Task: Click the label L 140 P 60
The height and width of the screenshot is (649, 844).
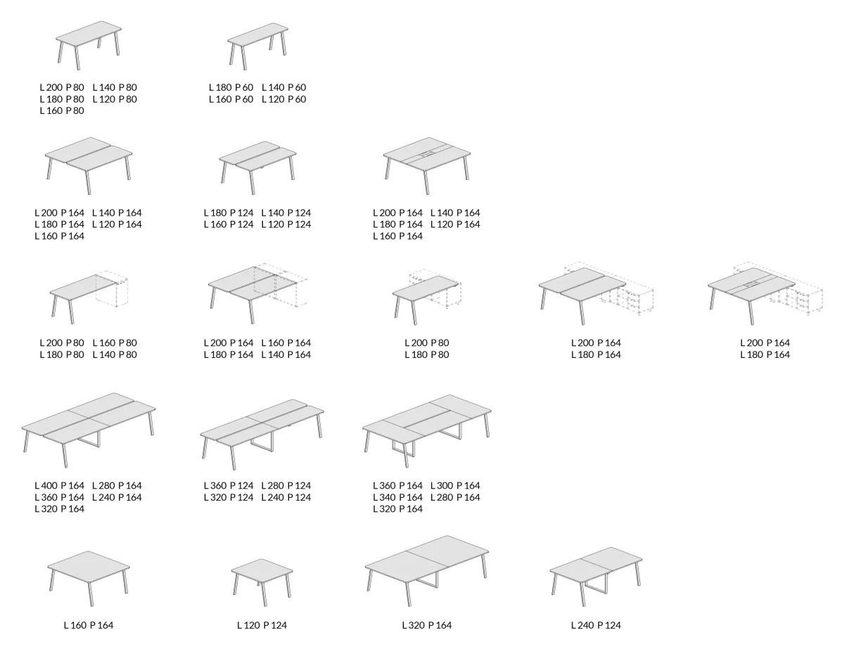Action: click(284, 87)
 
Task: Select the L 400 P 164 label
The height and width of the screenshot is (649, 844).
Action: click(59, 486)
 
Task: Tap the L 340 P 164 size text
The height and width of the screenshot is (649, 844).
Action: click(397, 497)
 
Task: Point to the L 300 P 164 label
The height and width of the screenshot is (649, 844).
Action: click(455, 486)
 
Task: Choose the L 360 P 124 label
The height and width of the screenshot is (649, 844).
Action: click(229, 486)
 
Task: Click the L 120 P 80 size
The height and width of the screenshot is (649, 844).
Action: click(115, 99)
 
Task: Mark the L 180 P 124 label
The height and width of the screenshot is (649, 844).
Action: click(229, 213)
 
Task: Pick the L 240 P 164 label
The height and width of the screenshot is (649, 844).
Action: click(117, 497)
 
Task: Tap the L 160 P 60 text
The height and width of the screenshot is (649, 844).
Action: click(231, 99)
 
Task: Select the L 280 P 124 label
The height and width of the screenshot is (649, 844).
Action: click(286, 486)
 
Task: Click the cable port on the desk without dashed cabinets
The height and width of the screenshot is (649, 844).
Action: click(427, 154)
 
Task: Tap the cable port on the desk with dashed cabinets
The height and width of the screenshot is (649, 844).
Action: click(752, 285)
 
